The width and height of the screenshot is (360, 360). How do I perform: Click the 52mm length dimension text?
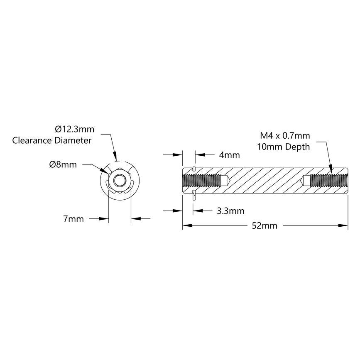click(264, 226)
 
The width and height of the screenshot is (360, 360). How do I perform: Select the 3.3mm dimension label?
click(230, 211)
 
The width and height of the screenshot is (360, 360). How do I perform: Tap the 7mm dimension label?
click(73, 218)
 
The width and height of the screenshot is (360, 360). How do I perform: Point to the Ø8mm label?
click(63, 164)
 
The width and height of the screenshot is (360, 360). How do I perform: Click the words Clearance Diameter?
click(52, 140)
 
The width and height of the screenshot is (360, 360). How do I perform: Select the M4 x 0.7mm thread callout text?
click(285, 135)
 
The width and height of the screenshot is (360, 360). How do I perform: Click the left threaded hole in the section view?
click(201, 181)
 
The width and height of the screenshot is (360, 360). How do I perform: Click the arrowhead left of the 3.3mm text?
click(196, 211)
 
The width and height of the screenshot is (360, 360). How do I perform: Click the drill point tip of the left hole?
click(230, 181)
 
